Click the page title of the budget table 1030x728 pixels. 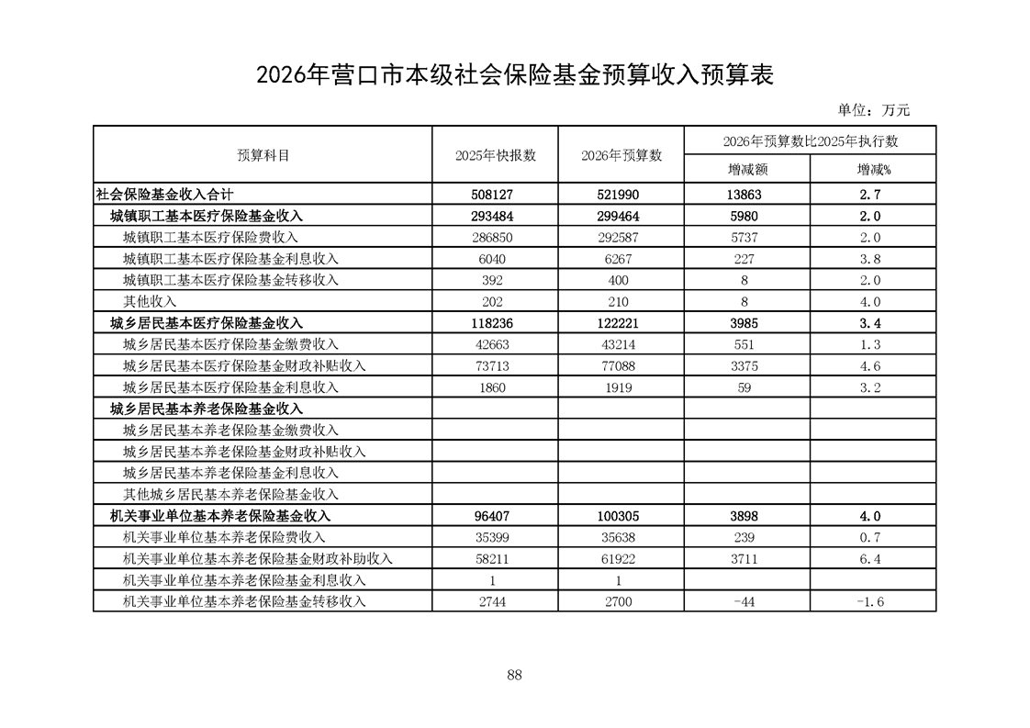515,75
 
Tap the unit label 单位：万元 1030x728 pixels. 873,110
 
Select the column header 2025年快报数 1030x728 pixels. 496,155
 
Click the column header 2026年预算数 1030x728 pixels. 621,155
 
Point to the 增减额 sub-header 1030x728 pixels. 747,170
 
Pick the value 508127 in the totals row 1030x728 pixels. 496,195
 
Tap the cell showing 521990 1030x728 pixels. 621,195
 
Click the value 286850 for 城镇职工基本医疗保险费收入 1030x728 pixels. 496,237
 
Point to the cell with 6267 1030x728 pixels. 621,259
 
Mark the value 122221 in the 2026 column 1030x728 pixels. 621,323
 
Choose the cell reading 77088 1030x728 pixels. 621,366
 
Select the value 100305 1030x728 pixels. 621,516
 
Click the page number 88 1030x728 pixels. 514,676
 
